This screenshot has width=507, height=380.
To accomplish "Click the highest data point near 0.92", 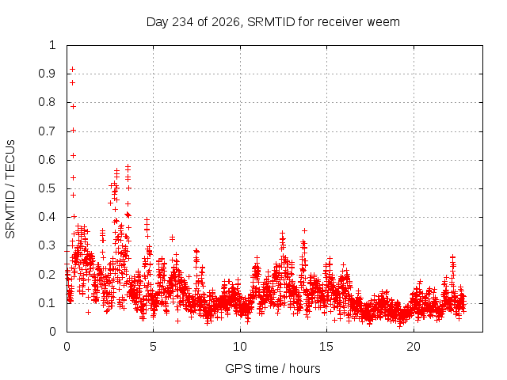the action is [73, 69].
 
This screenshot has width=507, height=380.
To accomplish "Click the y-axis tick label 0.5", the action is [48, 188].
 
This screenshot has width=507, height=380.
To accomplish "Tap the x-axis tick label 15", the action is [326, 347].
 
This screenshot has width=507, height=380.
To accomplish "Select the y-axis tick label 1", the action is [52, 45].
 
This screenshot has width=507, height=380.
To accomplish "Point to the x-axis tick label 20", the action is [414, 347].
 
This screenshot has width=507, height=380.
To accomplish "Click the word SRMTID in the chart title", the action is [271, 22].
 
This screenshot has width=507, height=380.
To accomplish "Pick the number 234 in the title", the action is [183, 22].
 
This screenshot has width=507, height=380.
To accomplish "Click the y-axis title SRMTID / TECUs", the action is [10, 189].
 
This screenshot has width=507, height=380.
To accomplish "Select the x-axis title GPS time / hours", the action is [273, 368].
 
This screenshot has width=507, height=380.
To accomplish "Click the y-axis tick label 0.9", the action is [48, 74].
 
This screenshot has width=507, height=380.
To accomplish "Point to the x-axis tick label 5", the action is [153, 347].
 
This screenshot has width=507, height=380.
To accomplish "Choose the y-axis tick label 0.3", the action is [48, 245].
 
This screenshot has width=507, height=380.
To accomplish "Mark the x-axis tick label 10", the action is [240, 347].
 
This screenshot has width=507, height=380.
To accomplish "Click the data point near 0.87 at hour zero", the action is [72, 82].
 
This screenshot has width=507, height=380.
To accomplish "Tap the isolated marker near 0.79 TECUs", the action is [73, 106].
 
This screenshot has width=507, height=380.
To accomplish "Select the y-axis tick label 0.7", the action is [48, 131].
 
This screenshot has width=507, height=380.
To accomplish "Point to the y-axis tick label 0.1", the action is [48, 303].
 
